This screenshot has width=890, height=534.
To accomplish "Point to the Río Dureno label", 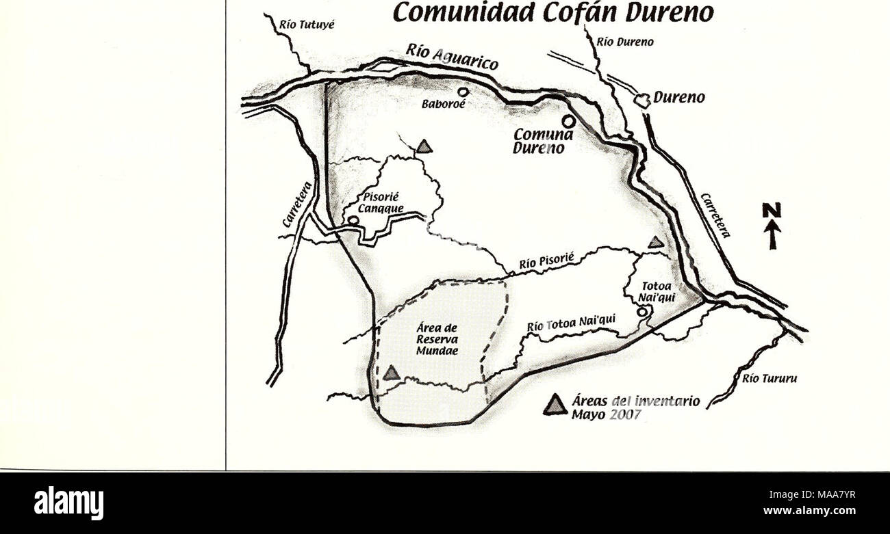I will coord(625,41).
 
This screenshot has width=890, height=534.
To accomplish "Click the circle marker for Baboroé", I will coord(463,92).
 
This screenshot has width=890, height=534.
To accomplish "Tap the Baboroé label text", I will coord(444,106).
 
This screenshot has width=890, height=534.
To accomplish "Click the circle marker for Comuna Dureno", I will coord(568,120).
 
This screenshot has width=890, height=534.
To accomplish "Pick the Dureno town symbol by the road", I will coord(642,100).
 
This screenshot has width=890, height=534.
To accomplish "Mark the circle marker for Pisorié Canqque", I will coord(353,220).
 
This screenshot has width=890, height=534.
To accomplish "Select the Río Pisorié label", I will coord(545,260).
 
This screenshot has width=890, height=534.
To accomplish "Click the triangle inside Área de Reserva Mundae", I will coord(391,373).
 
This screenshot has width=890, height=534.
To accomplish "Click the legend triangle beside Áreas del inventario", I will coord(555,405).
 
